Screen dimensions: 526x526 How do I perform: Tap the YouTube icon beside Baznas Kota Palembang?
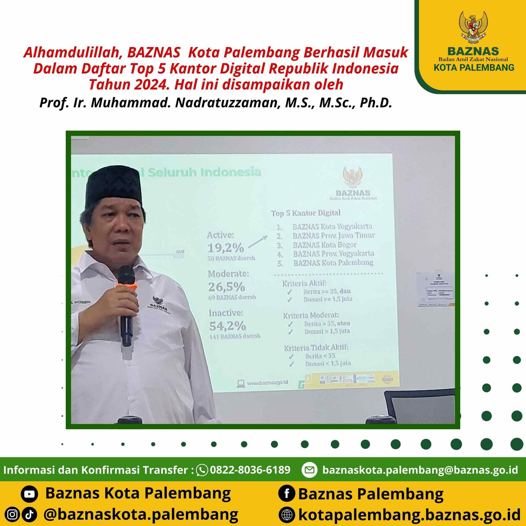coord(29,494)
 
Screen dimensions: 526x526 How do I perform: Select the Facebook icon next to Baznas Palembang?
coord(287,494)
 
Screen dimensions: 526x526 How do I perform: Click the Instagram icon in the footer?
coord(12,514)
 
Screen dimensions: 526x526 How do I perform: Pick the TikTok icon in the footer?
coord(29,514)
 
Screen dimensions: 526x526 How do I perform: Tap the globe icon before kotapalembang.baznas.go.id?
coord(287,515)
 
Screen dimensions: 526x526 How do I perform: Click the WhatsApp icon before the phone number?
coord(202,470)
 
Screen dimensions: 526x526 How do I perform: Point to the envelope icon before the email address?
coord(309,470)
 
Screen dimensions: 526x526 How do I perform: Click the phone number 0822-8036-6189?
coord(250,470)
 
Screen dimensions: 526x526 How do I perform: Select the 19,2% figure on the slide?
coord(226,248)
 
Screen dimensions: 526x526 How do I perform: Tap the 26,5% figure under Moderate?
coord(227,287)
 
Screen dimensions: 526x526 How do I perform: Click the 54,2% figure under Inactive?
coord(227,326)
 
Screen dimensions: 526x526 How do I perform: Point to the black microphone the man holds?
coord(126,306)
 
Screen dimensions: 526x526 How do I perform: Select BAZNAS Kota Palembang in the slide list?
coord(333,263)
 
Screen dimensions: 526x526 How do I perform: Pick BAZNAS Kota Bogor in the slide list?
coord(325,245)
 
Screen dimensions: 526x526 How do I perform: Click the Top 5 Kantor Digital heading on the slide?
coord(306,213)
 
